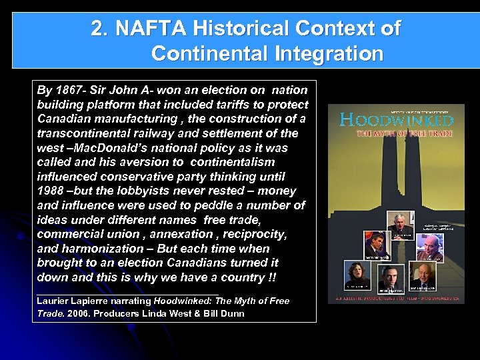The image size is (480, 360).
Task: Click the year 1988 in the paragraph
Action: coord(51,191)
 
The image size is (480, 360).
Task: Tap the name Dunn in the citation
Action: coord(232,313)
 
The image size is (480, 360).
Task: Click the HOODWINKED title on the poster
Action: coord(396,121)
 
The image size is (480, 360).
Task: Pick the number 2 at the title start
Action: coord(97,29)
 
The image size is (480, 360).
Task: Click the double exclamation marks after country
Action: coord(273,277)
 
